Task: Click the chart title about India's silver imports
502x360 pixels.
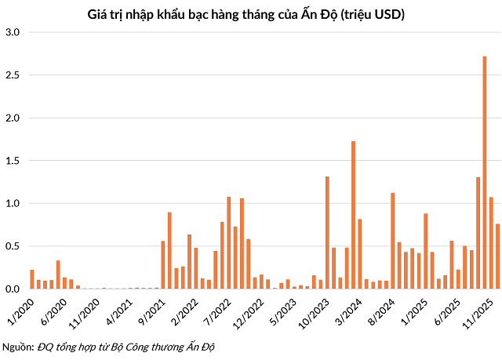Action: click(250, 14)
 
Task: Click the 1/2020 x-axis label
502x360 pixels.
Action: click(21, 307)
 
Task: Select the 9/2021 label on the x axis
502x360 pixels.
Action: click(151, 307)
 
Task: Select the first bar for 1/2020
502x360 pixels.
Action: click(32, 279)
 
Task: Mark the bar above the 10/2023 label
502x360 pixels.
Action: click(327, 233)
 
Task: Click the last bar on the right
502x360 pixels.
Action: click(497, 256)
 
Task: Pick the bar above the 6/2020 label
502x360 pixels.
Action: click(58, 275)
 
